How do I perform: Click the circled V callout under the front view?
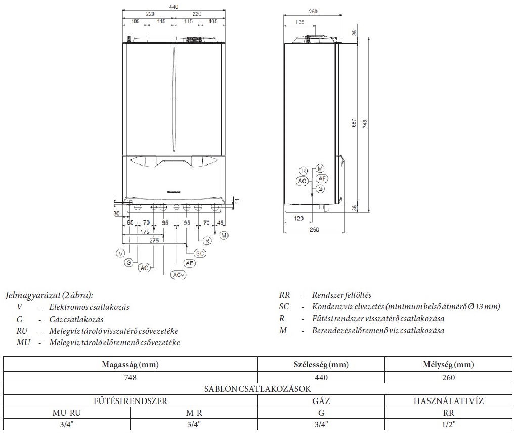click(x=120, y=253)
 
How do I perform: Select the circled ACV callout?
click(x=178, y=274)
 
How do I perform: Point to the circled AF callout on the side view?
click(x=322, y=178)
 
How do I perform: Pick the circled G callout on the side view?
click(x=320, y=189)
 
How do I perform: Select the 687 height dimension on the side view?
click(x=355, y=123)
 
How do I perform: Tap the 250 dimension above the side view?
click(x=313, y=11)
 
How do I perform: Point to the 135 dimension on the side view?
click(x=299, y=22)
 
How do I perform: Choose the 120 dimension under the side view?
click(x=298, y=218)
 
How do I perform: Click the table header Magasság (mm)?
click(x=131, y=365)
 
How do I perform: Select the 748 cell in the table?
click(x=131, y=377)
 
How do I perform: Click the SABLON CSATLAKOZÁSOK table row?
click(x=257, y=389)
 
